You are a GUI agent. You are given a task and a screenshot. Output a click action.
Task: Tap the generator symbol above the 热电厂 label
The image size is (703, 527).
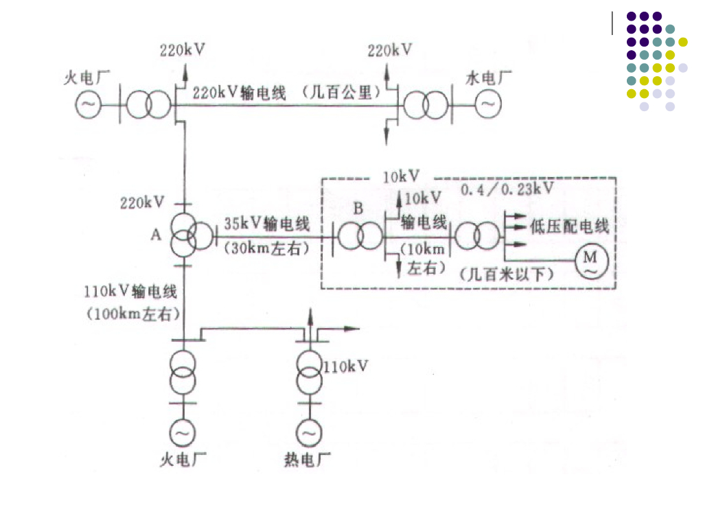tap(309, 434)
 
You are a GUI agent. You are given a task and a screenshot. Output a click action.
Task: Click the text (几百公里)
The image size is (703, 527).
tap(342, 93)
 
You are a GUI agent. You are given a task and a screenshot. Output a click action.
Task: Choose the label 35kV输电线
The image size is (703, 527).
tap(267, 224)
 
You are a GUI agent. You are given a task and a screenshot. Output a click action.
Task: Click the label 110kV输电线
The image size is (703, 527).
tap(130, 292)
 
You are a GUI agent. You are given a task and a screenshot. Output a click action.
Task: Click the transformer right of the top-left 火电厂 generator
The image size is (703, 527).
tap(147, 104)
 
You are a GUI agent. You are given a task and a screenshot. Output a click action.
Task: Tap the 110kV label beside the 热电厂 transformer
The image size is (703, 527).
tap(345, 366)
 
